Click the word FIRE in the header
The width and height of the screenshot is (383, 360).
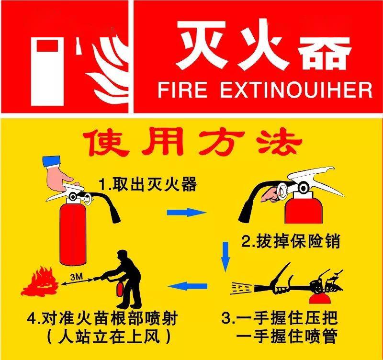[182, 90]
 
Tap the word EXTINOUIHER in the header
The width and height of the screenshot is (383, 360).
[296, 90]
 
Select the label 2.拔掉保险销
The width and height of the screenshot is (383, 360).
[291, 241]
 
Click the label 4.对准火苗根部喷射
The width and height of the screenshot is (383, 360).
[102, 318]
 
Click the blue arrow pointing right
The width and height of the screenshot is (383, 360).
[186, 212]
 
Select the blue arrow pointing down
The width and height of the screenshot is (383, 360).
[225, 257]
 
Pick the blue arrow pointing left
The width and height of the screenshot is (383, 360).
[188, 286]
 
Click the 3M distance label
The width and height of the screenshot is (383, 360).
[77, 277]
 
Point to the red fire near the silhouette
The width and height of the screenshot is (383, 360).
[40, 281]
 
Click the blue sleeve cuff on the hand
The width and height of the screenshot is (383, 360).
[51, 161]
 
